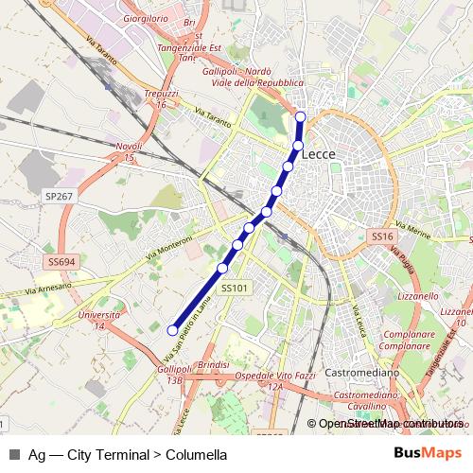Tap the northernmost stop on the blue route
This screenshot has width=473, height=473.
(x=301, y=117)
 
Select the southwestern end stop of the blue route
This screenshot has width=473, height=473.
(x=172, y=330)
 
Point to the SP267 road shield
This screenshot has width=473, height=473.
(x=59, y=196)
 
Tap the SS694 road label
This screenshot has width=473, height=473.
(x=61, y=261)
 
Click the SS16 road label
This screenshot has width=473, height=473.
(x=381, y=236)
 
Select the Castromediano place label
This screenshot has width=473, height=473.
(x=365, y=374)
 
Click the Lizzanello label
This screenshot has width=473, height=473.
(x=419, y=295)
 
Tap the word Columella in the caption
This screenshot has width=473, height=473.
(x=196, y=454)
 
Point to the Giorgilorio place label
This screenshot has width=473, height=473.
(x=152, y=18)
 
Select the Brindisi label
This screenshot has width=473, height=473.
(x=215, y=364)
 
